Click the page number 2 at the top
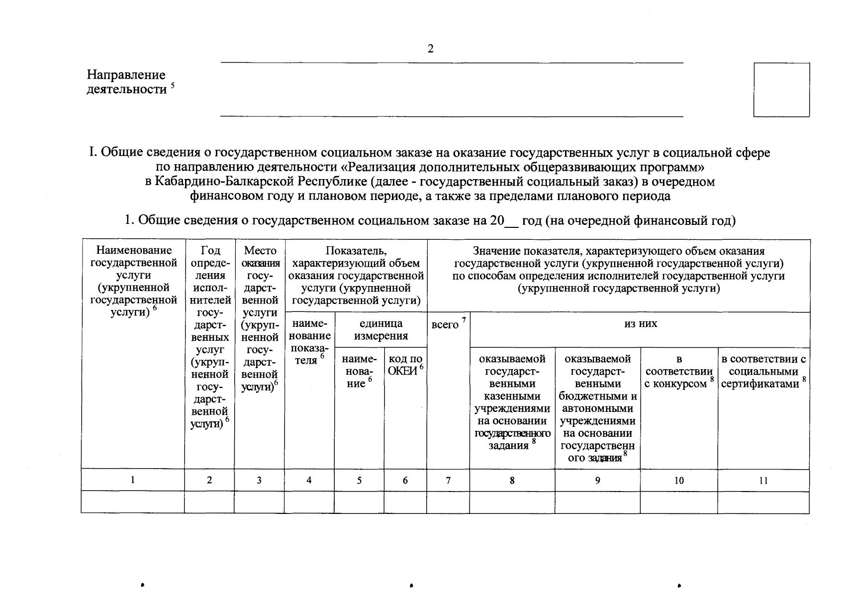430,49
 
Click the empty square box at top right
781,90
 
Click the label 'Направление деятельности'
126,82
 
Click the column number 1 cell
132,480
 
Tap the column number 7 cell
448,480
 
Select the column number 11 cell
763,480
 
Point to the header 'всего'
445,325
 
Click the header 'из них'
641,324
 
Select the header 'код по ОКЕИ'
405,365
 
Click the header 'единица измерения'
381,329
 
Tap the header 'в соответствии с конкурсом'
678,372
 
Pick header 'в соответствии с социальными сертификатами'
763,372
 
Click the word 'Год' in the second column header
210,250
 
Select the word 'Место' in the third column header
260,250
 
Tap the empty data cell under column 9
597,502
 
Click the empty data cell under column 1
132,502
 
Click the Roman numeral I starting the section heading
92,153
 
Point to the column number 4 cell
309,480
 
